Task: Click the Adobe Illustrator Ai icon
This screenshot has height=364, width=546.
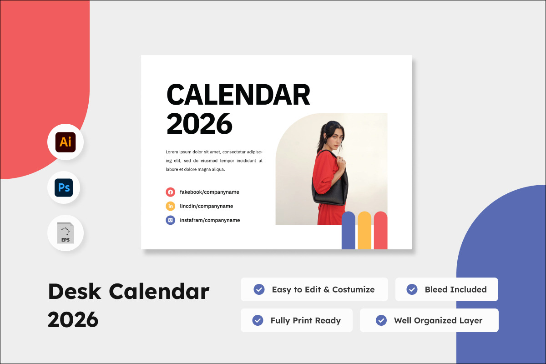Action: click(66, 142)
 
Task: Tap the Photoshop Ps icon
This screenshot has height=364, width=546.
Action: click(64, 188)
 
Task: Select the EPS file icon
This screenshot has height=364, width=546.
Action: click(66, 233)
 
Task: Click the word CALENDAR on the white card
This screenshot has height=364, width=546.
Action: click(238, 95)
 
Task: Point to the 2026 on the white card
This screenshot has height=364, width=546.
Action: click(199, 124)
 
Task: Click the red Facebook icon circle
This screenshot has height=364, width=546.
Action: click(170, 192)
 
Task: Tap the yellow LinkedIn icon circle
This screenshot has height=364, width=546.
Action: click(170, 206)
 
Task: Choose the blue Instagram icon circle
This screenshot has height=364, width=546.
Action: click(170, 220)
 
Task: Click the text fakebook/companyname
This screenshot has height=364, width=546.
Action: click(209, 192)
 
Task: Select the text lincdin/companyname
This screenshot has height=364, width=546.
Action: click(207, 206)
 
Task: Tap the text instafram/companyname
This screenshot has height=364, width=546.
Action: click(210, 220)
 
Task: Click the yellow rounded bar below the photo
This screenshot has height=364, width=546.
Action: click(364, 230)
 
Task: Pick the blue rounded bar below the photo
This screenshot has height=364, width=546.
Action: click(349, 230)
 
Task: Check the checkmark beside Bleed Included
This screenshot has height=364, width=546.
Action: click(412, 289)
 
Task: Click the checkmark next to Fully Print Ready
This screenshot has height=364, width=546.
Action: click(258, 320)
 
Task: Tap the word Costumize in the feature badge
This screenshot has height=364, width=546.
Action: click(354, 289)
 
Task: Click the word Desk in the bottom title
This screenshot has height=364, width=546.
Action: click(75, 291)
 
